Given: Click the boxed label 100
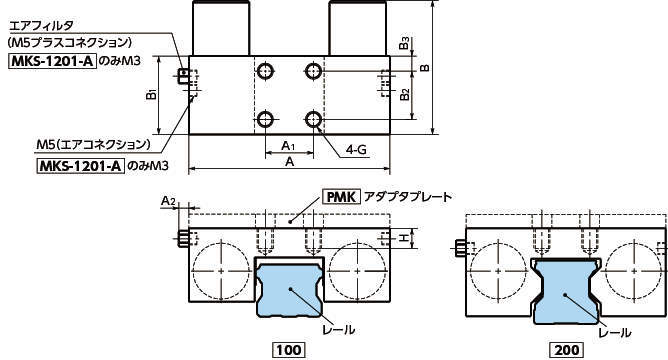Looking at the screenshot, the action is (x=289, y=350).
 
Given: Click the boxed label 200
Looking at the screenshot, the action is (x=567, y=350).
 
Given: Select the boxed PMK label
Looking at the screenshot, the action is (x=341, y=197).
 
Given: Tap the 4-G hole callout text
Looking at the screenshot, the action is (x=356, y=150).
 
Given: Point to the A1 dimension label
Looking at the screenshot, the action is (x=288, y=146).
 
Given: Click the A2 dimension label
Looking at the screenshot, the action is (x=168, y=201).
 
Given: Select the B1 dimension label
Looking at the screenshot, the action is (x=152, y=95).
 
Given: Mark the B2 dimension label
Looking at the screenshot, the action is (x=405, y=95).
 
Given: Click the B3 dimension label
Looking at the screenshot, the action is (x=405, y=43).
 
